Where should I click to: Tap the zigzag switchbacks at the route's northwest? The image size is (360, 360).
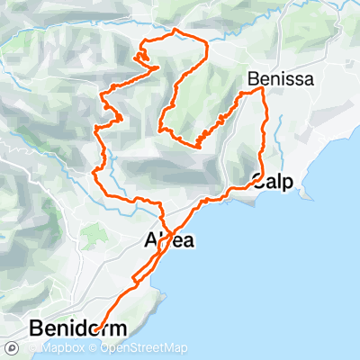click(140, 59)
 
